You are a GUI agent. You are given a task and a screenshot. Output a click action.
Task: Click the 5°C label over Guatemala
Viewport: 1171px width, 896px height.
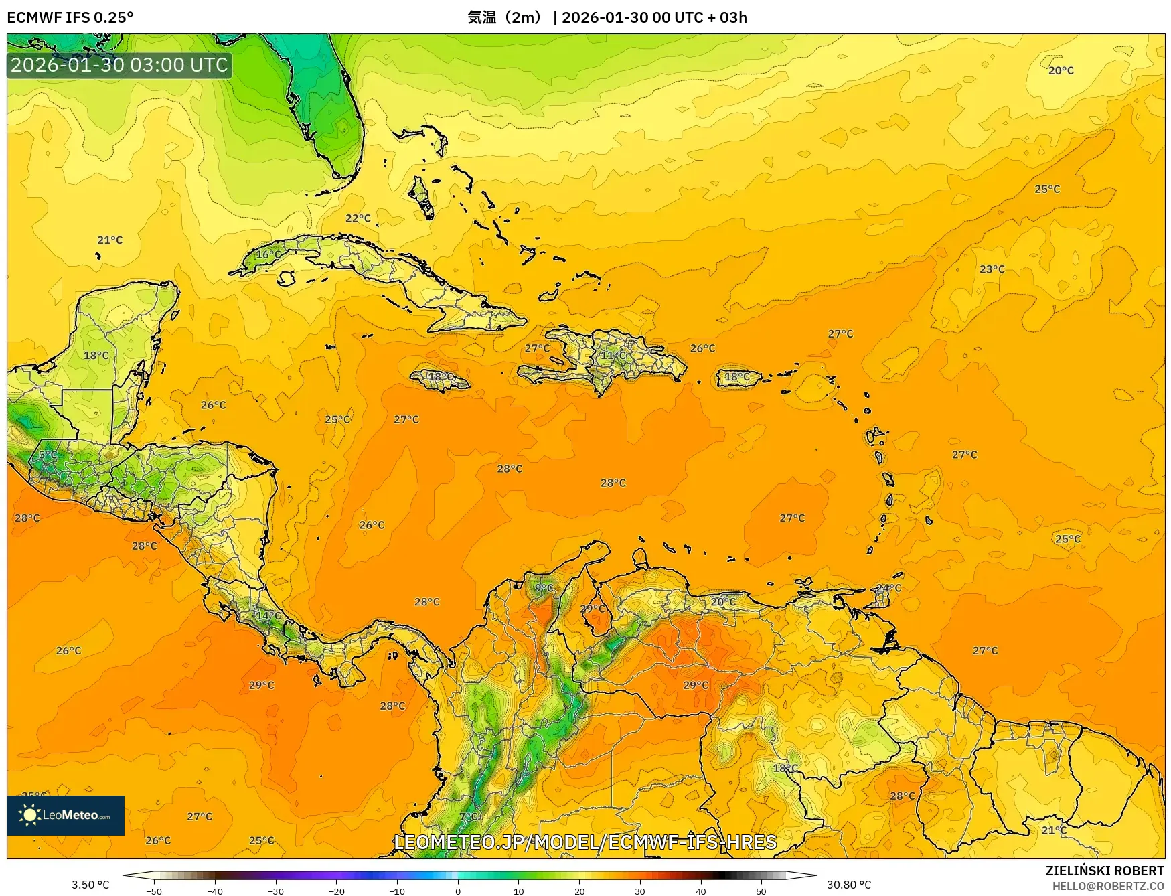click(x=47, y=455)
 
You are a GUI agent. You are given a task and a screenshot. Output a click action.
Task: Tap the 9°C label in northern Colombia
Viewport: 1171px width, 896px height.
click(x=544, y=588)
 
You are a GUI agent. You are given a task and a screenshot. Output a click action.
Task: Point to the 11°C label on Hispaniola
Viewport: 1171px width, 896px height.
click(x=612, y=355)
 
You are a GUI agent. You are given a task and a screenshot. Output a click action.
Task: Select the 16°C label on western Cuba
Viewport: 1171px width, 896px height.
click(x=268, y=254)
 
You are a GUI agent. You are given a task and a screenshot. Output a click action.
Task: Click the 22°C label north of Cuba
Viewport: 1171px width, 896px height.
click(x=358, y=218)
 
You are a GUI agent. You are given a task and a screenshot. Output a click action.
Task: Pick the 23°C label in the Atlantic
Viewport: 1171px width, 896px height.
click(x=992, y=269)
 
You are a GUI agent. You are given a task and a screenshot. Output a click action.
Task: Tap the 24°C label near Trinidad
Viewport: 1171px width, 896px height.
click(x=888, y=588)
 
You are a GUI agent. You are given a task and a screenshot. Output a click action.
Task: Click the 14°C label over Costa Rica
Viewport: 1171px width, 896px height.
click(x=268, y=615)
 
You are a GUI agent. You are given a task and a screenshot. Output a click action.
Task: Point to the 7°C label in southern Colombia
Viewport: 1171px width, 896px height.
click(x=469, y=816)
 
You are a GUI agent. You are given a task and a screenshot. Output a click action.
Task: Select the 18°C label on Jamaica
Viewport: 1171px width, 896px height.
click(x=441, y=377)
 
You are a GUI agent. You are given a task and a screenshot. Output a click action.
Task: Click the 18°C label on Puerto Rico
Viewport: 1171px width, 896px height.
click(x=737, y=377)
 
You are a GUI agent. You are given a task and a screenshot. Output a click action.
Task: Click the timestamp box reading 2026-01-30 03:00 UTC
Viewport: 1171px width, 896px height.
click(x=119, y=65)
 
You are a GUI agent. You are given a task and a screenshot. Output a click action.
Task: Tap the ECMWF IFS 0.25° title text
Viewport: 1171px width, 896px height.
click(x=70, y=17)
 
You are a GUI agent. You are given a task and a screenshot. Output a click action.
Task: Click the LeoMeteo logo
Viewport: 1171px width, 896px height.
click(x=66, y=815)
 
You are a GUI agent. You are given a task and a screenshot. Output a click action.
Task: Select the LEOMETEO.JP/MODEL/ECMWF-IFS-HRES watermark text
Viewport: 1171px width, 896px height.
click(x=585, y=842)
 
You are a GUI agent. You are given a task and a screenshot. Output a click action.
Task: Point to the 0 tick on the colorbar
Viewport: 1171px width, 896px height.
click(x=458, y=891)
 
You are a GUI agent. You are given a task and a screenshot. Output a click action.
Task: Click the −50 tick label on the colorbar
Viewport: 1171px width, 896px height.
click(x=153, y=891)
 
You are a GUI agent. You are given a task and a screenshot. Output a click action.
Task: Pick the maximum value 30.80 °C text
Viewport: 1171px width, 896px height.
click(x=849, y=885)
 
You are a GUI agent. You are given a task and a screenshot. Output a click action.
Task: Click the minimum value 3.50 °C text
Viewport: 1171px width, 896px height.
click(x=90, y=885)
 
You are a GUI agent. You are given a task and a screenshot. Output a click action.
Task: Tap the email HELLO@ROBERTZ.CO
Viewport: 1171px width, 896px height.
click(x=1107, y=886)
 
